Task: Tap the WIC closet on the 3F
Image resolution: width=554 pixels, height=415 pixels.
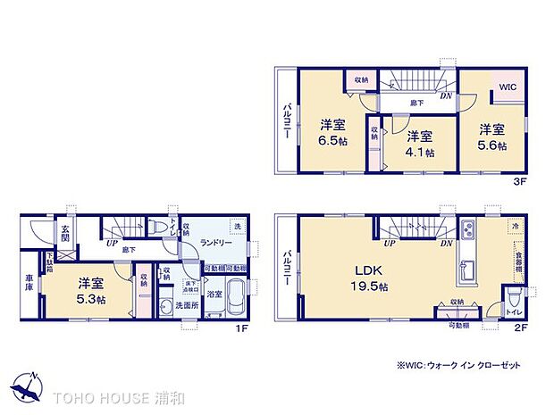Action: (507, 87)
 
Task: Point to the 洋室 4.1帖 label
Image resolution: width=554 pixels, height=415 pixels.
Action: (420, 143)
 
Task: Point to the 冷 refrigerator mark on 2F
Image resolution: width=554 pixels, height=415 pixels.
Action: (515, 226)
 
